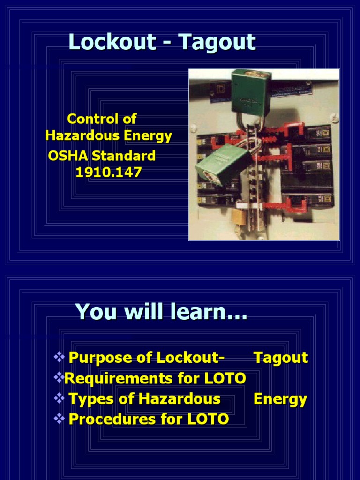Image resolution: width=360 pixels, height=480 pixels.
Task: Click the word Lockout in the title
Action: coord(112,42)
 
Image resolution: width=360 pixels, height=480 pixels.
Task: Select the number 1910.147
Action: coord(108,172)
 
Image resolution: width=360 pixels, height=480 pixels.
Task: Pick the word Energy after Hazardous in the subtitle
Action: coord(148,136)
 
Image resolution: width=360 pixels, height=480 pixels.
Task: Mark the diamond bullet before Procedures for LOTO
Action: coord(59,418)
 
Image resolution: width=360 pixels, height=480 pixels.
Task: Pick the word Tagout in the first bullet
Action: coord(280,358)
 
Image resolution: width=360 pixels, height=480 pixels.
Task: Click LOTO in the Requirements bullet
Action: coord(229,378)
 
